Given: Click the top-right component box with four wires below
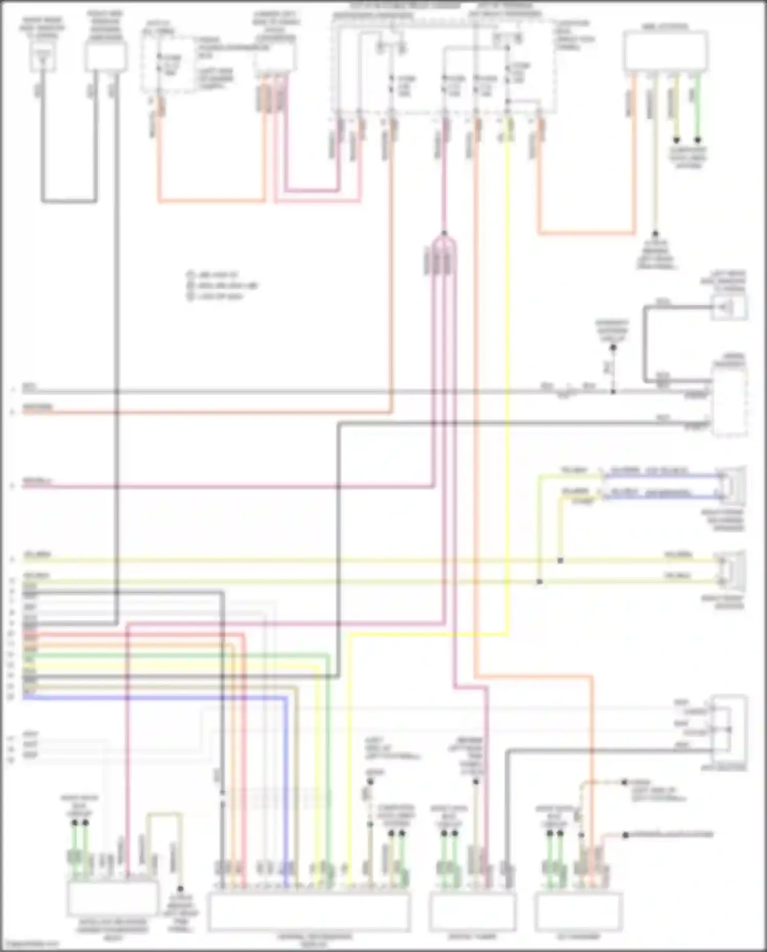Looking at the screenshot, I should click(x=665, y=51).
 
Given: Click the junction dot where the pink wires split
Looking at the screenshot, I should click(x=444, y=233).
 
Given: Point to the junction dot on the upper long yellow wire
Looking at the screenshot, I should click(x=560, y=561).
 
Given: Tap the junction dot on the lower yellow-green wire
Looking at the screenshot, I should click(x=539, y=582).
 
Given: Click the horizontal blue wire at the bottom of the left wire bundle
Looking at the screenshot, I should click(x=153, y=697).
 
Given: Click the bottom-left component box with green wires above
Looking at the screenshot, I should click(x=112, y=899).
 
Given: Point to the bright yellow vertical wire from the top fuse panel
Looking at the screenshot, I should click(x=507, y=358).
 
